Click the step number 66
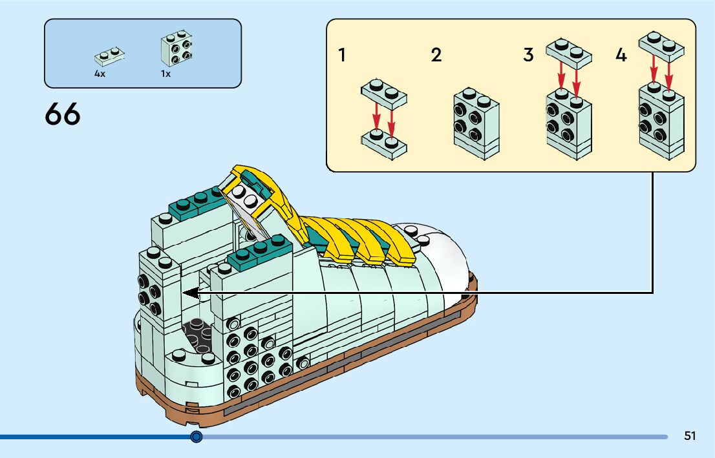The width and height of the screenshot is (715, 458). click(63, 114)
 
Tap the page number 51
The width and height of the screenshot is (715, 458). click(690, 436)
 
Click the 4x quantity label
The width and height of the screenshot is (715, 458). click(100, 74)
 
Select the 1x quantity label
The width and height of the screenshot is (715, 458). click(165, 74)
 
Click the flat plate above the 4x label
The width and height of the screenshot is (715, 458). click(109, 56)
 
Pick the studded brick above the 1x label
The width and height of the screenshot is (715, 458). click(176, 48)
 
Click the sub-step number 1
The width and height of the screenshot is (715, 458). click(341, 55)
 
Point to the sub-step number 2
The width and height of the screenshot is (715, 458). click(436, 55)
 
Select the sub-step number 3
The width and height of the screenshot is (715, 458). click(528, 55)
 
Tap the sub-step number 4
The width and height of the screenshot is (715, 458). click(621, 55)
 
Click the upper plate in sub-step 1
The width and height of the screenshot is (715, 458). click(384, 94)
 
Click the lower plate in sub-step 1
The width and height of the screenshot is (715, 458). click(384, 144)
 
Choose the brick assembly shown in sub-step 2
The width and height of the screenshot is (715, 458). click(476, 123)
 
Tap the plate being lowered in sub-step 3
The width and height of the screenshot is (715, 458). click(569, 54)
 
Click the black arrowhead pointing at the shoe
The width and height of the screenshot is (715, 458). click(190, 293)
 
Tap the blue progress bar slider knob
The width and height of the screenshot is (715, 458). click(197, 437)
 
